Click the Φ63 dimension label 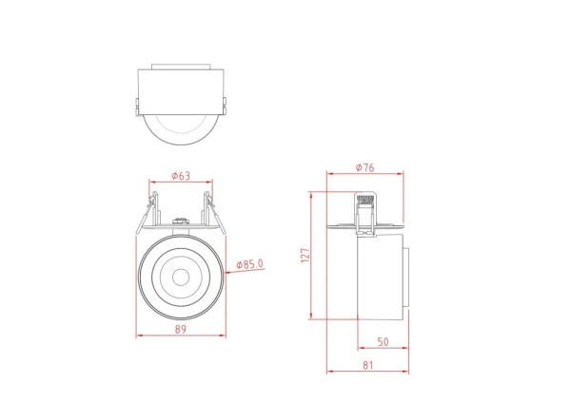[x=181, y=176]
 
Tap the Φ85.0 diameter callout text [x=249, y=264]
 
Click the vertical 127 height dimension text [x=305, y=256]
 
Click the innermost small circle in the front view [x=181, y=278]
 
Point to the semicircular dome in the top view [x=181, y=131]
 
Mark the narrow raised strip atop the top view [x=181, y=66]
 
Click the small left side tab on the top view [x=136, y=104]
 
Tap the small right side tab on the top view [x=226, y=104]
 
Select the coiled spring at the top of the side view [x=363, y=199]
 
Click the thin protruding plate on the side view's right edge [x=409, y=278]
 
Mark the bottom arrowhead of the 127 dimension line [x=313, y=317]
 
